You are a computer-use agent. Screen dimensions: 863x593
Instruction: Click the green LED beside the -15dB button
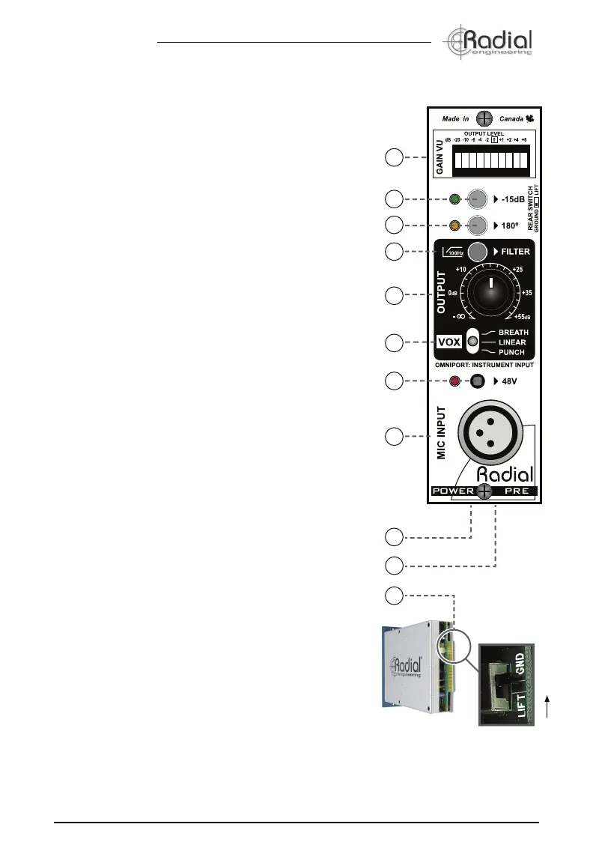454,200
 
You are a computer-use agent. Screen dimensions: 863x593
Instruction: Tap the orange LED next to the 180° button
454,225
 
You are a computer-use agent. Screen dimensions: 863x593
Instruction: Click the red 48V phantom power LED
454,382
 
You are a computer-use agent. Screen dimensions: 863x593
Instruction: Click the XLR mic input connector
490,432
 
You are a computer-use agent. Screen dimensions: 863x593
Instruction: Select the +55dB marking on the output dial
521,317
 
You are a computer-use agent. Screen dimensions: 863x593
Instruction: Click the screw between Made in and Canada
484,118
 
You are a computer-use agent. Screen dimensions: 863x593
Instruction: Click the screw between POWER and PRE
484,492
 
